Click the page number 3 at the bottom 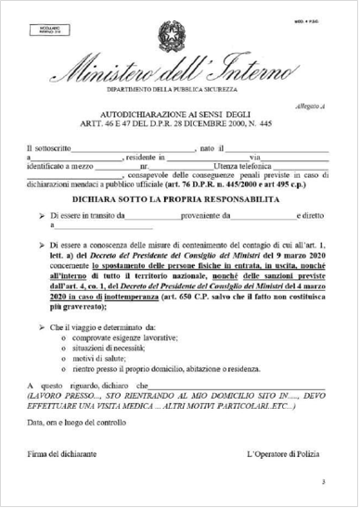[323, 482]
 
